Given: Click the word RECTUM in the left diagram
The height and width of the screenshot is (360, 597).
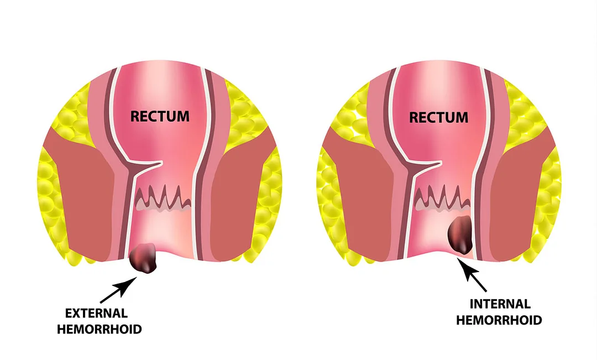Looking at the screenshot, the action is click(x=160, y=116).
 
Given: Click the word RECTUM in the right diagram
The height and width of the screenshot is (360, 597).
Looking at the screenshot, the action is click(x=438, y=117).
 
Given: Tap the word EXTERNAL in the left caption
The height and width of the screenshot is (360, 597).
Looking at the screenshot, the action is click(x=96, y=313).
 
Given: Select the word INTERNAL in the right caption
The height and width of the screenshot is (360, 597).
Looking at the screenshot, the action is click(x=500, y=304).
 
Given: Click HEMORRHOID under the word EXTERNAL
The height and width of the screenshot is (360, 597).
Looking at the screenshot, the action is click(x=99, y=329).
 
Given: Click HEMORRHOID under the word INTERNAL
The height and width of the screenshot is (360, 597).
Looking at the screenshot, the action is click(x=499, y=320).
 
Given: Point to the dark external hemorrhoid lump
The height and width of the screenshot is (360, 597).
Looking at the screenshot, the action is click(x=143, y=258).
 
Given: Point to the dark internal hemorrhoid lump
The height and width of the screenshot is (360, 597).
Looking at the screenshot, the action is click(x=460, y=234).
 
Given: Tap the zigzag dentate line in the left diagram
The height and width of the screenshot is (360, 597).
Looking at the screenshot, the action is click(x=163, y=199).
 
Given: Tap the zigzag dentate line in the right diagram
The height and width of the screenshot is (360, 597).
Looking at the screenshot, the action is click(x=442, y=198).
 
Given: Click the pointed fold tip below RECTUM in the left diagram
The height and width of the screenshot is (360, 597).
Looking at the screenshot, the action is click(x=161, y=164).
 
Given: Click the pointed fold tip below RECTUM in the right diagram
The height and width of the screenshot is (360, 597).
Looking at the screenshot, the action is click(x=441, y=164).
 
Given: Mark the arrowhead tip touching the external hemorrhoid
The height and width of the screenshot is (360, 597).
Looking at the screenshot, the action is click(x=137, y=277).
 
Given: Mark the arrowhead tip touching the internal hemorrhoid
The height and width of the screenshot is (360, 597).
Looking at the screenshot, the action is click(x=458, y=258).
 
